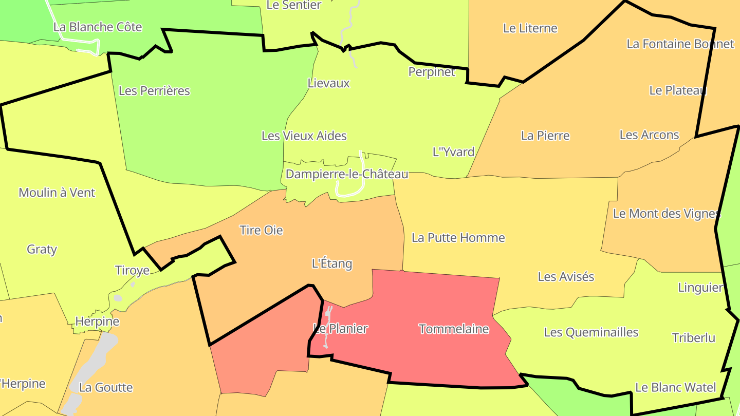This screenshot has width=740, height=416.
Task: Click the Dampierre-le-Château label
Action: (347, 174)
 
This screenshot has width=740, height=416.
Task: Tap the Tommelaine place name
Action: (454, 329)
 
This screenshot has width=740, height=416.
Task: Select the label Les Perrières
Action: (154, 91)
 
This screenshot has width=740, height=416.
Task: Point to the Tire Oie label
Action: (261, 230)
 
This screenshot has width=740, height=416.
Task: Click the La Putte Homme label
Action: (458, 238)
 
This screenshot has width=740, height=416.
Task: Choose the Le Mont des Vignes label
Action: (667, 213)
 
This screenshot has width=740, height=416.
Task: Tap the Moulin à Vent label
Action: (57, 193)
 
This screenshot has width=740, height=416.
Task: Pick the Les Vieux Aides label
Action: (304, 136)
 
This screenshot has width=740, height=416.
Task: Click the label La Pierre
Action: (545, 136)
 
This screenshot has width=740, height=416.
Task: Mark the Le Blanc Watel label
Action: (676, 387)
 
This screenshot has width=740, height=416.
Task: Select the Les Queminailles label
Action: (591, 332)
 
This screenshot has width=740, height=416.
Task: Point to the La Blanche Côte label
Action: (98, 27)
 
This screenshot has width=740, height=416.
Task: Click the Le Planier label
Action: (341, 328)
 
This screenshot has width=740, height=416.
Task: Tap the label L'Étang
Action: (332, 263)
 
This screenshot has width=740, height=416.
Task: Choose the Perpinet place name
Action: (432, 72)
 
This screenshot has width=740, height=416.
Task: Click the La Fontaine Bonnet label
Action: (680, 44)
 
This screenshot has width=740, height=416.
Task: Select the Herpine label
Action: (97, 322)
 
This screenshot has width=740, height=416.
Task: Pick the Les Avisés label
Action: (566, 276)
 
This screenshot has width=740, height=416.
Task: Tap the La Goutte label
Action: (106, 387)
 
